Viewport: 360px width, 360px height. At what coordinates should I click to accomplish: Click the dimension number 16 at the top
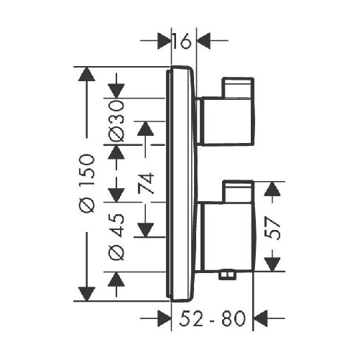tap(183, 41)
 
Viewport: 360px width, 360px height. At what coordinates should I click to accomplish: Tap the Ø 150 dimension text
tap(86, 183)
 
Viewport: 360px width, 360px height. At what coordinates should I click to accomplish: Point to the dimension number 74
tap(146, 183)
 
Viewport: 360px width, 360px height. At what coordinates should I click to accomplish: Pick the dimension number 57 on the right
tap(272, 228)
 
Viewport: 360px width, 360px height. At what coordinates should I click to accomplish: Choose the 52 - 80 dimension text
tap(213, 318)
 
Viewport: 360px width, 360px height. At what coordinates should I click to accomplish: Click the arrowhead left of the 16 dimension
tap(164, 41)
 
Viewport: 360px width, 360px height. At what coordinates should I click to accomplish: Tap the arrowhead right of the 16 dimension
tap(203, 41)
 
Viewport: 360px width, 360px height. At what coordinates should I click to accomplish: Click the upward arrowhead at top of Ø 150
tap(86, 74)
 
